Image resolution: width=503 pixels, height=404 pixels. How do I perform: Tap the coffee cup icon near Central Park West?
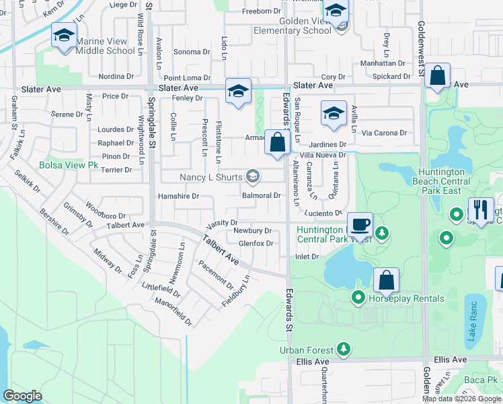coord(360,224)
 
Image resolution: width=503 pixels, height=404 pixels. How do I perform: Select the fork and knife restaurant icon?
coord(481,209)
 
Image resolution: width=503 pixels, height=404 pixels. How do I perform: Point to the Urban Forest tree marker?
coord(344,349)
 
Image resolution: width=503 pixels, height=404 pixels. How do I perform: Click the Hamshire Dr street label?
coord(178,196)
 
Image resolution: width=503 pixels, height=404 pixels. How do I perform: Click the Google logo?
coord(22,395)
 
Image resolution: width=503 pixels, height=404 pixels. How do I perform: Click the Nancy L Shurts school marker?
coord(253,177)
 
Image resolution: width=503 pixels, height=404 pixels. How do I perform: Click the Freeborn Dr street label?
coord(261,11)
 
